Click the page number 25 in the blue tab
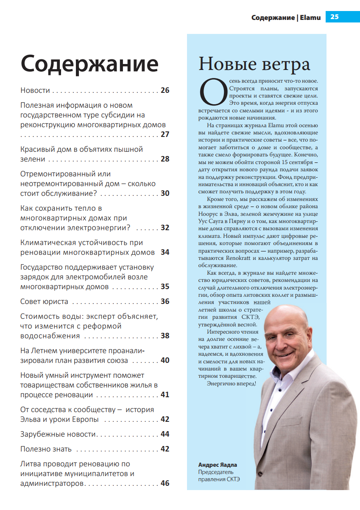[x=334, y=17]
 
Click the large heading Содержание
[x=89, y=64]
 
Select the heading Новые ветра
[x=254, y=64]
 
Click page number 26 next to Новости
[x=165, y=90]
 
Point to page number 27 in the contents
[x=165, y=134]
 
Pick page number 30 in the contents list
[x=165, y=193]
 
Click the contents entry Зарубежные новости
[x=59, y=434]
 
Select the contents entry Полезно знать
[x=46, y=449]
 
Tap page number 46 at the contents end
[x=165, y=483]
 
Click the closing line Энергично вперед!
[x=232, y=384]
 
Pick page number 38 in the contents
[x=165, y=336]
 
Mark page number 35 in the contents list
[x=165, y=287]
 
